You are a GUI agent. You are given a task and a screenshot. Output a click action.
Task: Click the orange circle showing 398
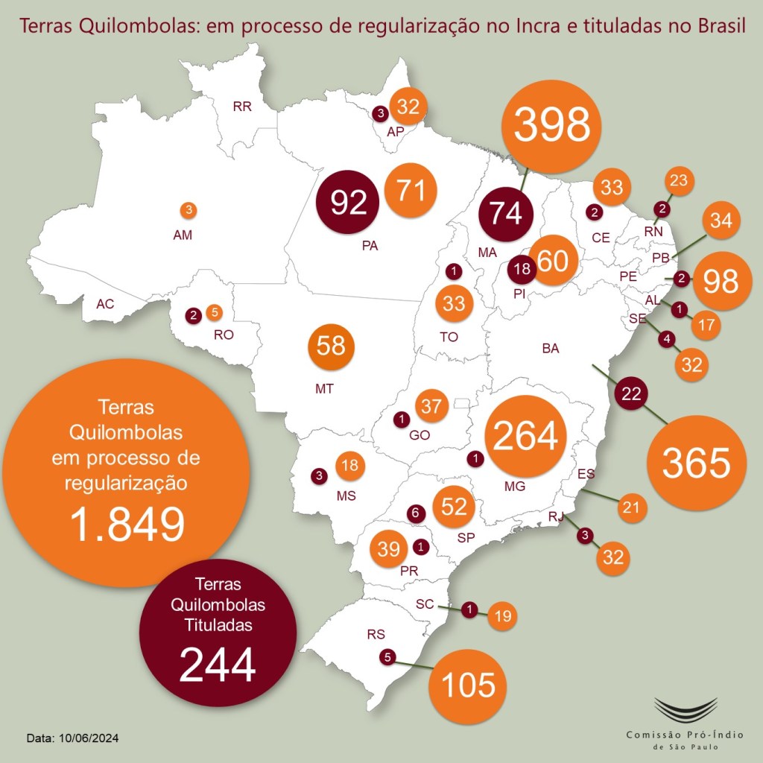tap(551, 125)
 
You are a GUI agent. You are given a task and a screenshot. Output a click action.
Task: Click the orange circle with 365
tap(696, 463)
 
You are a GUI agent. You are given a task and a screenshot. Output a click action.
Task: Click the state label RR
tap(242, 107)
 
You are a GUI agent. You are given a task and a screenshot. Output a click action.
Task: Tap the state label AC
tap(105, 304)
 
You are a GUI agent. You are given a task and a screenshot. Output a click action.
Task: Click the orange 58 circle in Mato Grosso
tap(331, 346)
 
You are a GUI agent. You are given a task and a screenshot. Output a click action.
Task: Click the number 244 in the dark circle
tap(218, 664)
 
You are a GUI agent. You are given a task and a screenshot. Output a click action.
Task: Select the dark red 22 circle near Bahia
tap(631, 394)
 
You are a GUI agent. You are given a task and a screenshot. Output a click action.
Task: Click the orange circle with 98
tap(720, 282)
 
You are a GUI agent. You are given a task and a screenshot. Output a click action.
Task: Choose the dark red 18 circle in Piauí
tap(522, 269)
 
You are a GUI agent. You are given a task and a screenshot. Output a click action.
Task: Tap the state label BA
tap(551, 348)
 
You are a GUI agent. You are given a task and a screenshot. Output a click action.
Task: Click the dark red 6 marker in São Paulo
tap(416, 513)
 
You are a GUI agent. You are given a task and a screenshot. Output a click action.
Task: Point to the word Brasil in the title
tap(717, 28)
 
